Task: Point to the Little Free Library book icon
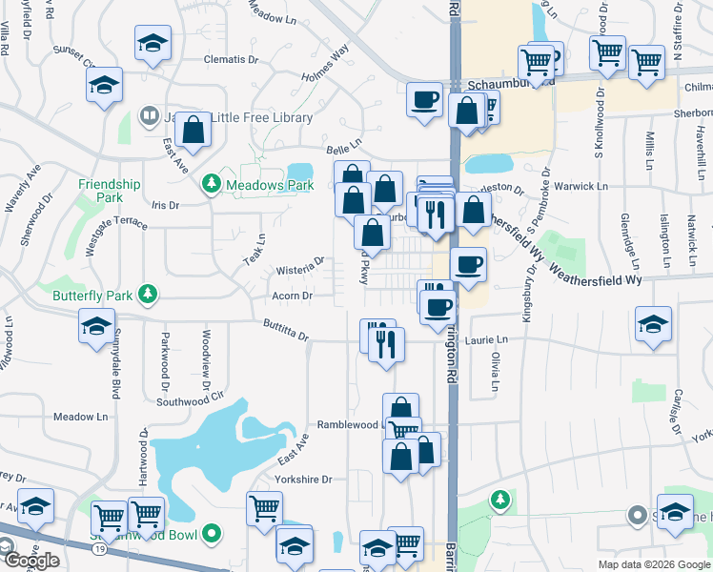150,117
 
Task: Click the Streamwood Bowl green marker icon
214,535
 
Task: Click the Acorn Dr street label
293,296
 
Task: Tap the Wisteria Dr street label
300,261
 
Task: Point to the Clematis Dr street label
232,59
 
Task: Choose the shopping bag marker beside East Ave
192,131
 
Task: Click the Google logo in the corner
31,561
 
